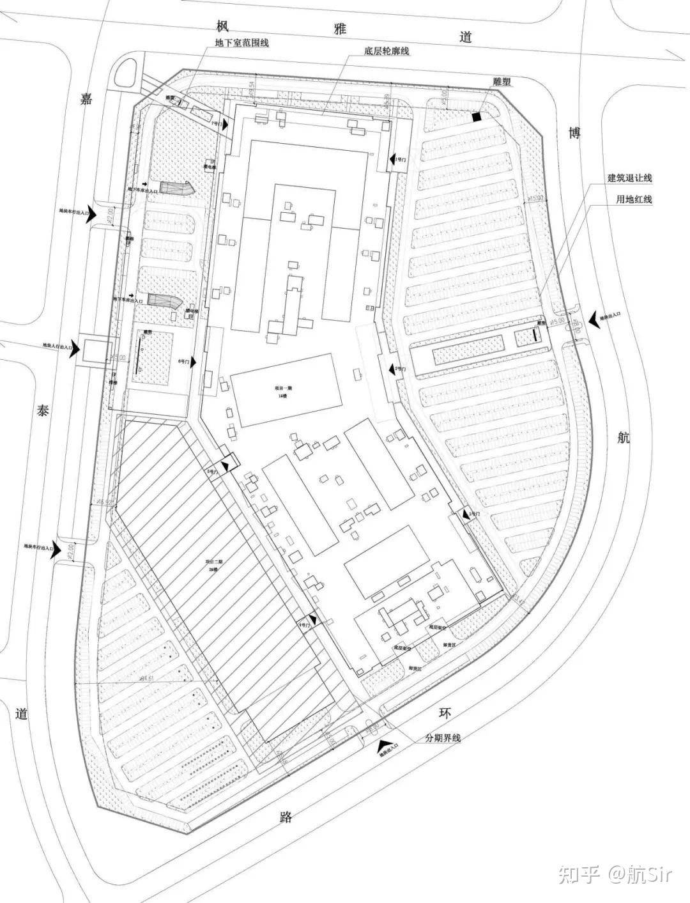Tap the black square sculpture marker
tap(476, 117)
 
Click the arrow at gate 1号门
tap(391, 158)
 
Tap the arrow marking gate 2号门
tap(391, 369)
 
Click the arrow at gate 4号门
tap(313, 621)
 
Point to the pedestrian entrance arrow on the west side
tap(74, 349)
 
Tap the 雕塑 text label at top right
tap(502, 82)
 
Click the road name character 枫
tap(222, 26)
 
